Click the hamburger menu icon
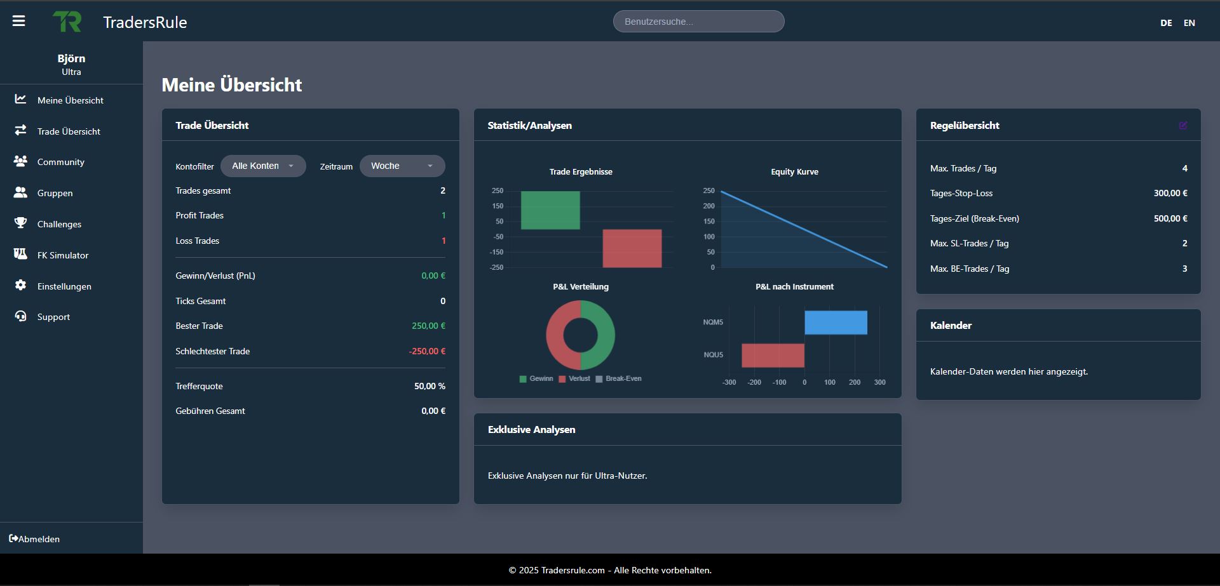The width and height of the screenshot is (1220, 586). pyautogui.click(x=19, y=21)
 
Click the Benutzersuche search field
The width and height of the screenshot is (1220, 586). pyautogui.click(x=698, y=22)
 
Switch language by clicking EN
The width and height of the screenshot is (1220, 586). pyautogui.click(x=1189, y=23)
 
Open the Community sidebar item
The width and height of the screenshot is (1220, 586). pyautogui.click(x=60, y=162)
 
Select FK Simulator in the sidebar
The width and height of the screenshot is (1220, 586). pyautogui.click(x=62, y=255)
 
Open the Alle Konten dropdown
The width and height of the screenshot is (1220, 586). pyautogui.click(x=263, y=166)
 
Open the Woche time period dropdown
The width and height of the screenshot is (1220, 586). pyautogui.click(x=402, y=166)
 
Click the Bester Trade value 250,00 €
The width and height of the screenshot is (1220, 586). pyautogui.click(x=428, y=326)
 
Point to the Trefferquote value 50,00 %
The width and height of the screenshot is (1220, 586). pyautogui.click(x=430, y=386)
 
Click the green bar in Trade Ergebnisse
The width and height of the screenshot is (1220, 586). pyautogui.click(x=550, y=210)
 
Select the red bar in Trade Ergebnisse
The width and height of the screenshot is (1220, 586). pyautogui.click(x=632, y=248)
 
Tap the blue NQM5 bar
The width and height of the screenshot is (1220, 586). pyautogui.click(x=836, y=323)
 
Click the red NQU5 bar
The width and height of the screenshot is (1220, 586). pyautogui.click(x=773, y=355)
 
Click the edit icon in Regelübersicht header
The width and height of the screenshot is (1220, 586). pyautogui.click(x=1183, y=126)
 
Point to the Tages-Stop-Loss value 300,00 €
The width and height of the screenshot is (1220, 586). pyautogui.click(x=1170, y=193)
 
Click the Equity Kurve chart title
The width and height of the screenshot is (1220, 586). pyautogui.click(x=794, y=172)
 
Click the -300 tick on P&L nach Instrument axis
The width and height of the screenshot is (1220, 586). pyautogui.click(x=729, y=382)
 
